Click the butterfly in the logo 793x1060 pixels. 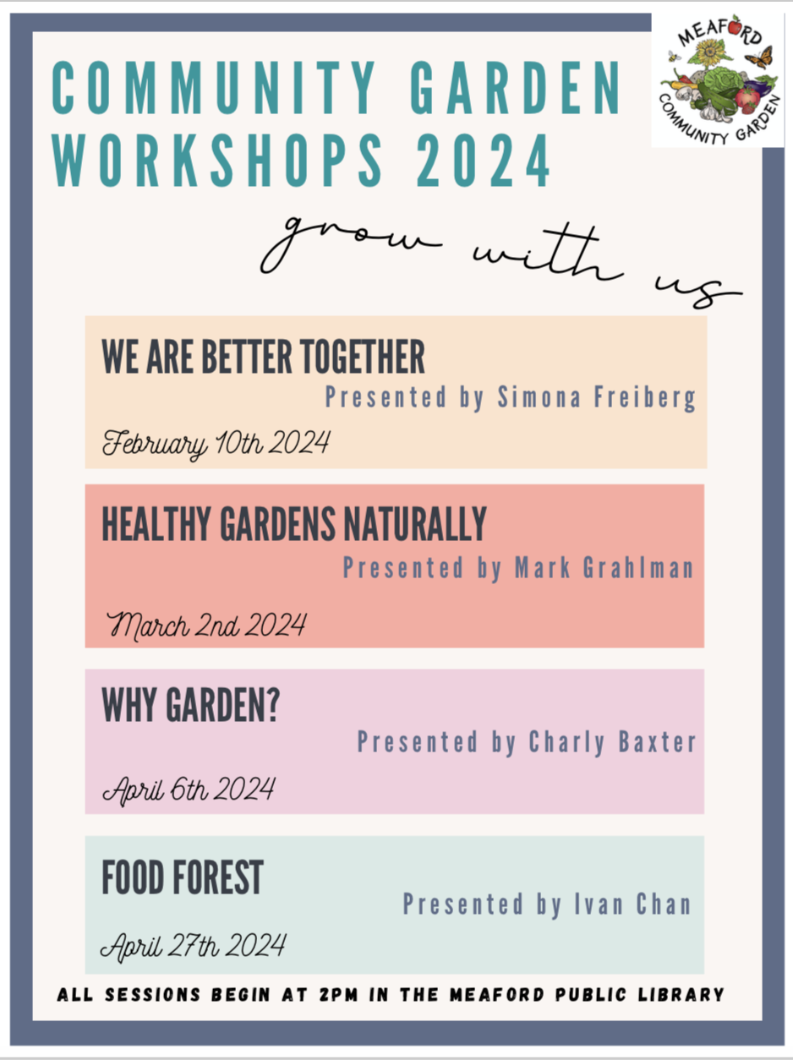tap(760, 57)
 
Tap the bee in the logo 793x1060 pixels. tap(674, 57)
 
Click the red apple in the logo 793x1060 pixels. tap(736, 25)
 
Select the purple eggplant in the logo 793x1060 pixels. tap(759, 90)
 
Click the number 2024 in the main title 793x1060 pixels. tap(484, 161)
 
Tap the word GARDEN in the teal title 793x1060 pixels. tap(516, 88)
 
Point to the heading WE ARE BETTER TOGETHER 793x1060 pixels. tap(263, 357)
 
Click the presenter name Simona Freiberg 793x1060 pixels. tap(597, 397)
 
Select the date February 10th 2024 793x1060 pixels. tap(216, 443)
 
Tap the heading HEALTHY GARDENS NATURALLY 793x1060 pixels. tap(294, 524)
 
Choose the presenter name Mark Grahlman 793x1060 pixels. tap(604, 567)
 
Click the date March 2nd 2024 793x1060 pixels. tap(206, 626)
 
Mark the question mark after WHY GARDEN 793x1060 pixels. tap(273, 705)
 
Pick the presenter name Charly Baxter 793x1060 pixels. tap(612, 742)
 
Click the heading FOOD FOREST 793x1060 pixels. tap(183, 877)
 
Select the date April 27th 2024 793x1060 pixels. tap(194, 947)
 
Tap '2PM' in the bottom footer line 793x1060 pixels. tap(338, 995)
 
